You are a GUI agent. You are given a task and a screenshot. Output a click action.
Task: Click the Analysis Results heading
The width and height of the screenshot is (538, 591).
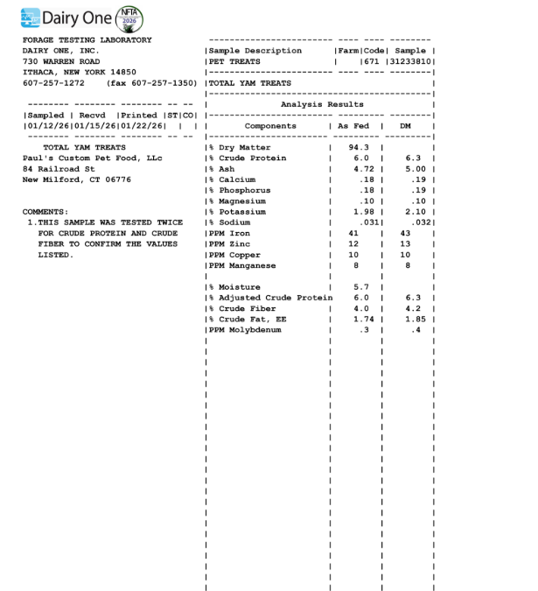click(322, 104)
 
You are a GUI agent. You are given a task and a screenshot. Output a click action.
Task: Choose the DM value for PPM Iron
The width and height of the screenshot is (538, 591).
click(405, 234)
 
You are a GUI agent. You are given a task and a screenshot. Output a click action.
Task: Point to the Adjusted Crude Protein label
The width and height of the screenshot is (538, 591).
click(275, 298)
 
